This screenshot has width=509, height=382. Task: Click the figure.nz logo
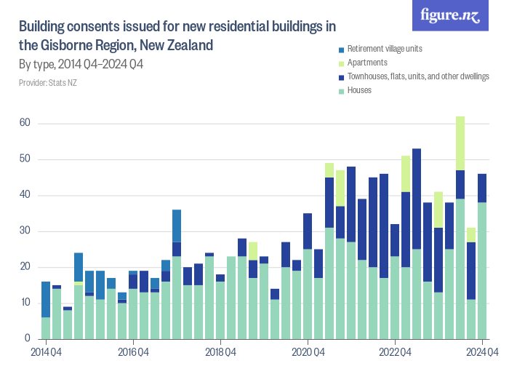pyautogui.click(x=450, y=15)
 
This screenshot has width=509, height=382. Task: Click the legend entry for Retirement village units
pyautogui.click(x=385, y=49)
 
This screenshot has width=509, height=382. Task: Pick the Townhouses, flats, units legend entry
pyautogui.click(x=417, y=76)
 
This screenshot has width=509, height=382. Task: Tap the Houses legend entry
pyautogui.click(x=359, y=90)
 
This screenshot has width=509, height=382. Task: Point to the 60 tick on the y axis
pyautogui.click(x=25, y=124)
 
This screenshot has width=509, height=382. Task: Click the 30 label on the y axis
pyautogui.click(x=25, y=231)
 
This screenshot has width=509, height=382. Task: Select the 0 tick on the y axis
pyautogui.click(x=27, y=339)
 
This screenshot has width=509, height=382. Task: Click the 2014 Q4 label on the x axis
pyautogui.click(x=46, y=352)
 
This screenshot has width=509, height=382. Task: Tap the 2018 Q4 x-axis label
pyautogui.click(x=220, y=352)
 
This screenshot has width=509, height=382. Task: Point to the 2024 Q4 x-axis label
pyautogui.click(x=482, y=352)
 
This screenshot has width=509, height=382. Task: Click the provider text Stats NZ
pyautogui.click(x=47, y=83)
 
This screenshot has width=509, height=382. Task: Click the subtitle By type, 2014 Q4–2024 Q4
pyautogui.click(x=80, y=65)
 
